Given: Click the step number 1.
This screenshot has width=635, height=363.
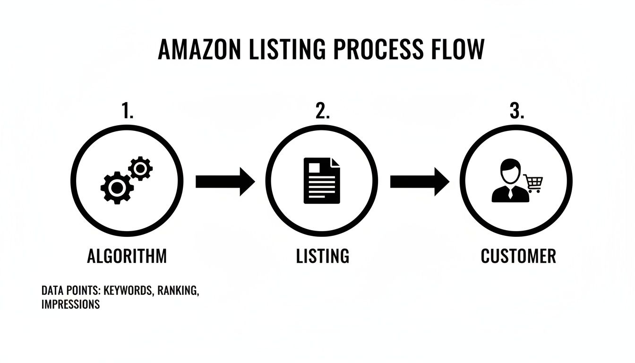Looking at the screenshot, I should (x=127, y=112).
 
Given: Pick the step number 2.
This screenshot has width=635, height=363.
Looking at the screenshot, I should (x=322, y=112).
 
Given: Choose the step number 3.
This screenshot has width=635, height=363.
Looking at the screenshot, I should (x=516, y=112).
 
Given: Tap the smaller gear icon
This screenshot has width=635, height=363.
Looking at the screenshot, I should (x=140, y=168).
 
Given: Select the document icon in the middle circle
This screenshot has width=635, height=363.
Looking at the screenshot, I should (x=321, y=181).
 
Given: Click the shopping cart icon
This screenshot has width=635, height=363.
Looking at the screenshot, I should (x=533, y=183).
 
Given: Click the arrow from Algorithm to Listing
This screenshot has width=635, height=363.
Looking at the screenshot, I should (x=224, y=181).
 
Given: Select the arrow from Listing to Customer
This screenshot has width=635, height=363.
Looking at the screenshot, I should (x=419, y=181).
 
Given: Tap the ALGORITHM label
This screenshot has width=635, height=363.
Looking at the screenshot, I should (x=127, y=256).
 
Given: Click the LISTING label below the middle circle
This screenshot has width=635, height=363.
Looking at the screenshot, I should (x=322, y=256).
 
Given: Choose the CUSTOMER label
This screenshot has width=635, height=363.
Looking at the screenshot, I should (x=518, y=256).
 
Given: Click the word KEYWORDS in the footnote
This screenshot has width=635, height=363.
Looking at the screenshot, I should (x=129, y=291).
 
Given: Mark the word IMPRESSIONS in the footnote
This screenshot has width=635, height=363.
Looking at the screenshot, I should (x=70, y=304).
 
